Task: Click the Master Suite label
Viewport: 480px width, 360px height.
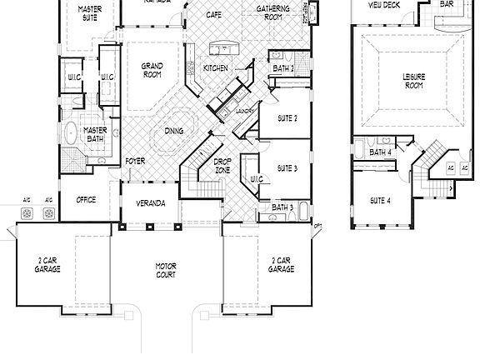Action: point(90,12)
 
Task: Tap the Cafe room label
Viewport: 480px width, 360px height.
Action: point(213,15)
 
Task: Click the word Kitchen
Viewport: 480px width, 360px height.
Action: point(216,67)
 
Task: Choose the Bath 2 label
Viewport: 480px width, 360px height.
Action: point(282,69)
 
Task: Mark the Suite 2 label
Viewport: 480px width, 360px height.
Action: point(287,118)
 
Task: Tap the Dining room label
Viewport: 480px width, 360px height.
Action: point(174,131)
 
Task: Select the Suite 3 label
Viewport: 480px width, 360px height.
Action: point(287,168)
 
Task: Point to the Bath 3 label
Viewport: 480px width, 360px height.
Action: point(282,207)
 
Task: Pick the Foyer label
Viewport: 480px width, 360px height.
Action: point(135,161)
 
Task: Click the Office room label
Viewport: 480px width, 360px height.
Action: point(86,200)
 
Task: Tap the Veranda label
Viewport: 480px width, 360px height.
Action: point(150,203)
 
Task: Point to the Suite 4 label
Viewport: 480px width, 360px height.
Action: point(381,201)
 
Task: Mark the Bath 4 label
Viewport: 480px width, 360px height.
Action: point(380,152)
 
